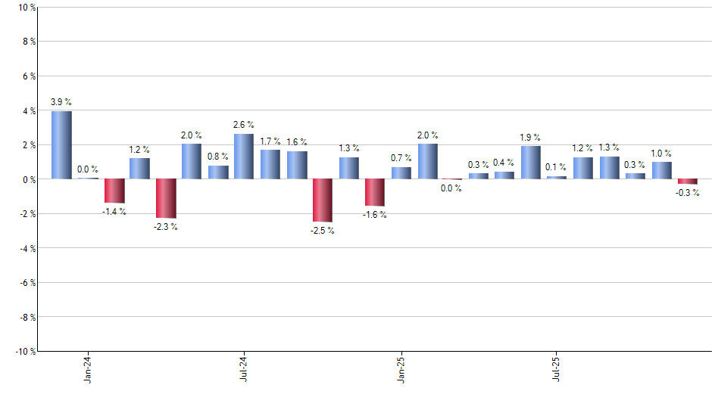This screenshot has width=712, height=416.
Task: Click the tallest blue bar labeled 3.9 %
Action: pyautogui.click(x=61, y=145)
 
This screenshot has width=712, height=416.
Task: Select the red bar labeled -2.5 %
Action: pyautogui.click(x=323, y=200)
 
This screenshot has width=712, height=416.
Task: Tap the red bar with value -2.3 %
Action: pyautogui.click(x=166, y=198)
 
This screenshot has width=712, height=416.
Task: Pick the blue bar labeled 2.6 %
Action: pyautogui.click(x=244, y=157)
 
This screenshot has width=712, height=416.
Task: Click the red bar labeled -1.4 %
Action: pyautogui.click(x=114, y=191)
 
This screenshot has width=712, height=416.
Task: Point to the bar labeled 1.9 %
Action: pyautogui.click(x=531, y=163)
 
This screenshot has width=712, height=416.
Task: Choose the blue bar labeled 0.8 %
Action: pyautogui.click(x=218, y=172)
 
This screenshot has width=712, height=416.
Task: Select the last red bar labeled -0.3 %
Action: pyautogui.click(x=688, y=182)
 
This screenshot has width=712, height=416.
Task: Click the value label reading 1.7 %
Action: pyautogui.click(x=270, y=141)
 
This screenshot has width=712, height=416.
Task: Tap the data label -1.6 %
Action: pyautogui.click(x=374, y=215)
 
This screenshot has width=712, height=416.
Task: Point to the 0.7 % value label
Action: pyautogui.click(x=401, y=158)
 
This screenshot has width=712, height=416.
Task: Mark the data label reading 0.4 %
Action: pyautogui.click(x=504, y=163)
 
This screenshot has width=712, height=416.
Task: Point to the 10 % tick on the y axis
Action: pyautogui.click(x=27, y=8)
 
